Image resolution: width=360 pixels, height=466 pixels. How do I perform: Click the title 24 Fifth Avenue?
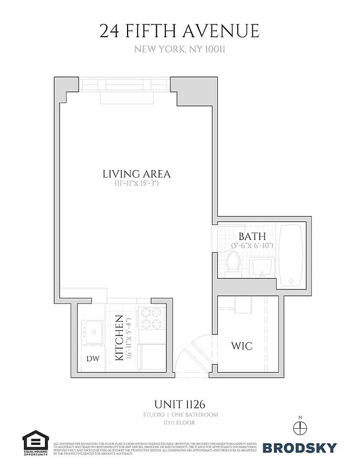179,30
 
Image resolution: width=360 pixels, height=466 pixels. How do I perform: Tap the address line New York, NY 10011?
179,50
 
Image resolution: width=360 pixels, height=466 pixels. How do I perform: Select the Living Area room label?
136,174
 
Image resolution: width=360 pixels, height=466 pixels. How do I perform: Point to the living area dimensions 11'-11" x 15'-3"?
136,183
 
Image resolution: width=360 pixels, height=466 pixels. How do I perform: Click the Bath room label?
252,236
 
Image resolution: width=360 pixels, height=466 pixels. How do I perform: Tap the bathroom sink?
260,267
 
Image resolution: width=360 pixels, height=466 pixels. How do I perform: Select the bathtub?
291,255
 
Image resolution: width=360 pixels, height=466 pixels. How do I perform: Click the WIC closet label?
241,346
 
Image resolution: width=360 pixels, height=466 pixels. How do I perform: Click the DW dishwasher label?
93,359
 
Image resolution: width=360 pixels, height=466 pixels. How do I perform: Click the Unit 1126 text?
179,403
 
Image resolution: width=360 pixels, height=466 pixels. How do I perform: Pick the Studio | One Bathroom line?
179,415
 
